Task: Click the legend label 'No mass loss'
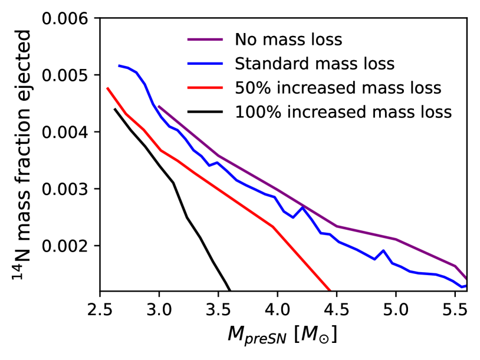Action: pos(288,41)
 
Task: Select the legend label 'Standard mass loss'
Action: pos(314,64)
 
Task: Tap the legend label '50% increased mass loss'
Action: pos(338,88)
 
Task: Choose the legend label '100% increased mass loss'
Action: pos(343,112)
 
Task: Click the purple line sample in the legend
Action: pos(206,41)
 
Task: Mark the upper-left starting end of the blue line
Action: pos(119,65)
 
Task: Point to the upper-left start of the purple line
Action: pos(159,106)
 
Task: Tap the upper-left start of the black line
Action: pos(114,109)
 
